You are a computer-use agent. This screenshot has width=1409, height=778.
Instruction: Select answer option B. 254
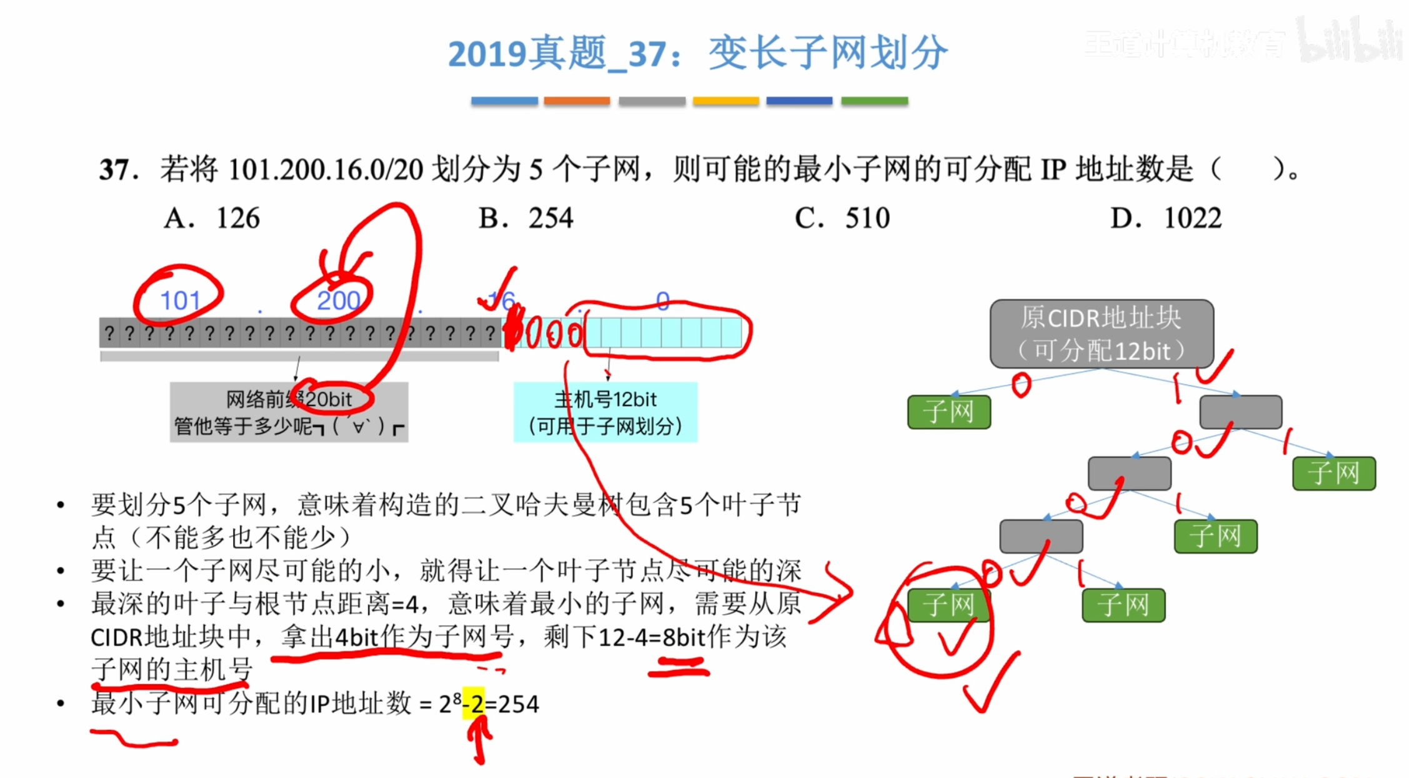[x=525, y=219]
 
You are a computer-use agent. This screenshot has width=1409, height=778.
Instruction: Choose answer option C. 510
[x=842, y=219]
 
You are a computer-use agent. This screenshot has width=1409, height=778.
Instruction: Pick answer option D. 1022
[x=1165, y=219]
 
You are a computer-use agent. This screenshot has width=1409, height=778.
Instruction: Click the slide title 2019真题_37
[x=697, y=53]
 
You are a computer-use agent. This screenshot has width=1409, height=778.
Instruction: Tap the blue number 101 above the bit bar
[x=180, y=301]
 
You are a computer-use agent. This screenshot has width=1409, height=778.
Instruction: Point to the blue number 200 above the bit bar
[x=338, y=301]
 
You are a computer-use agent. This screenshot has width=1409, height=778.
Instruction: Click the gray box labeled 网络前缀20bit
[x=289, y=412]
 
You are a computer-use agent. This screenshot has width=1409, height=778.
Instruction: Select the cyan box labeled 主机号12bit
[x=605, y=412]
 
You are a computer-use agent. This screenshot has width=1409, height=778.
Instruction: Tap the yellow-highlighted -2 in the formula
[x=474, y=704]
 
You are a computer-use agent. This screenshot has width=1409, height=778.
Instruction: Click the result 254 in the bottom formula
[x=518, y=704]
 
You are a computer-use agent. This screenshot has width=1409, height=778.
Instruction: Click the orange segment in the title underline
[x=576, y=101]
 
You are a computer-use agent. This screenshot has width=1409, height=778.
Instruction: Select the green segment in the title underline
[x=874, y=101]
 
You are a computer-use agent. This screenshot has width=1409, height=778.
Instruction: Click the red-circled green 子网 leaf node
[x=948, y=605]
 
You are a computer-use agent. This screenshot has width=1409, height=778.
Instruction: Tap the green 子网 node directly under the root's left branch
[x=948, y=412]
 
